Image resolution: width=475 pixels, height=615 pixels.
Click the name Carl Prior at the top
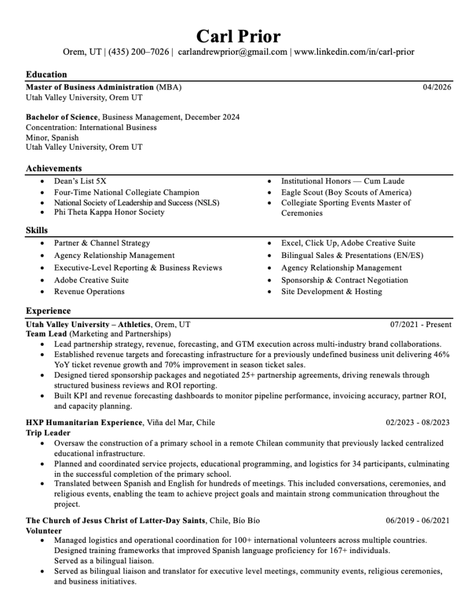point(238,36)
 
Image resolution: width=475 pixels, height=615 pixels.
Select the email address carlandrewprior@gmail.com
point(233,52)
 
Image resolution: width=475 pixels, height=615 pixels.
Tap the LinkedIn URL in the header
point(354,52)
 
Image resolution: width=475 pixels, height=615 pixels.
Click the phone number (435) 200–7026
point(138,52)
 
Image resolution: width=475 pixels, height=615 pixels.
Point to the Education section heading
point(46,75)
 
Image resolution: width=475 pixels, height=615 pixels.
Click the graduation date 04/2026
point(437,87)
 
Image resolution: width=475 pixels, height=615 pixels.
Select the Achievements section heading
point(54,168)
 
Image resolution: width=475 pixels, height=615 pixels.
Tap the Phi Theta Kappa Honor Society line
point(109,212)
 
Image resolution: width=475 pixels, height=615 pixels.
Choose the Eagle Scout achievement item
point(346,192)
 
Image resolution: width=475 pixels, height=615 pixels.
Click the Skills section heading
point(37,230)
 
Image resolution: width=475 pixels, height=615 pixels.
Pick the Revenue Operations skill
point(89,292)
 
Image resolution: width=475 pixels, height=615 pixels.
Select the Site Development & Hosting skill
point(331,292)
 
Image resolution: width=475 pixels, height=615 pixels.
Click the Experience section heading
point(48,311)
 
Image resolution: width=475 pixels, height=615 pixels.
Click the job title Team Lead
point(46,334)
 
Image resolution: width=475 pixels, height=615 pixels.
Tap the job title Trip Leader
point(48,433)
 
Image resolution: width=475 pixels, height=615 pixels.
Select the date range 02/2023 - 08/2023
point(417,423)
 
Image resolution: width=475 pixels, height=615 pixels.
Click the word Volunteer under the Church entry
point(44,531)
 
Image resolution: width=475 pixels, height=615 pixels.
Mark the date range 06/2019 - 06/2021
point(417,521)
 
